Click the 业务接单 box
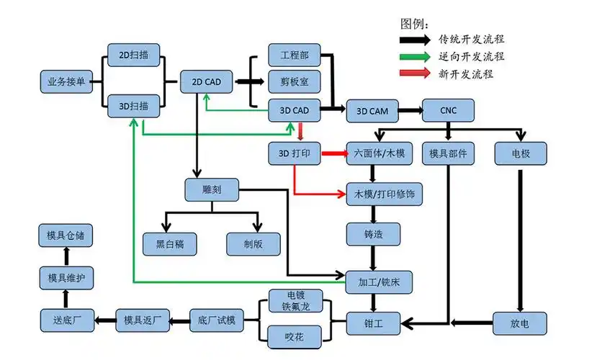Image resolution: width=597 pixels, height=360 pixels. (x=66, y=82)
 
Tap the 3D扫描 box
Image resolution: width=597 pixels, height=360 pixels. (x=133, y=106)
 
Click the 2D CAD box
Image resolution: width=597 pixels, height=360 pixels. (x=207, y=82)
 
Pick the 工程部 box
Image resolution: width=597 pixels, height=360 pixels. (x=295, y=55)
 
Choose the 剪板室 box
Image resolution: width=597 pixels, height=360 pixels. (x=295, y=82)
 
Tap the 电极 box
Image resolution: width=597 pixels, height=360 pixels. (x=520, y=153)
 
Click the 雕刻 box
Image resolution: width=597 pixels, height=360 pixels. (x=211, y=190)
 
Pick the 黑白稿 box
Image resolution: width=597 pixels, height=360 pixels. (x=171, y=243)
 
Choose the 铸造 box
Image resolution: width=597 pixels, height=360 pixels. (x=372, y=234)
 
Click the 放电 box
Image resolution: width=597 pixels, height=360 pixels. (x=520, y=323)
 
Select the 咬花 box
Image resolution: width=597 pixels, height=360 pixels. (x=295, y=336)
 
